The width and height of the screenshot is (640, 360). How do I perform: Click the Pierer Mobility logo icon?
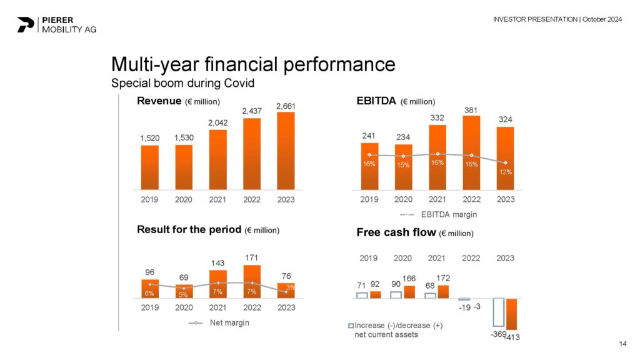point(26,24)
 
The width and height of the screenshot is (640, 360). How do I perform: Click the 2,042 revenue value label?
point(217,123)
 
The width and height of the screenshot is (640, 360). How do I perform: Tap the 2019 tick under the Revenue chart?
point(149,200)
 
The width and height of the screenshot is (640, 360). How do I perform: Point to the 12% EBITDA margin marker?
point(506,162)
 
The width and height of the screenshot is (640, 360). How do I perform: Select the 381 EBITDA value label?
point(472,109)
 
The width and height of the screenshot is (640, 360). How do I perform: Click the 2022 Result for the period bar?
point(252,281)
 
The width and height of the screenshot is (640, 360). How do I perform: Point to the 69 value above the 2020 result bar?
point(184,277)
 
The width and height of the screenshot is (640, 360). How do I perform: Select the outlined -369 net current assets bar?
point(498,312)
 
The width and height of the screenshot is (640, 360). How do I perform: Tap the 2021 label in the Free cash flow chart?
point(437,257)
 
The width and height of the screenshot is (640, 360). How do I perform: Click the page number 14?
point(622,343)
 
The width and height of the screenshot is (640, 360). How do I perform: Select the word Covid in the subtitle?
point(238,83)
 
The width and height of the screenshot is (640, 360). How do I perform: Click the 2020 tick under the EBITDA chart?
point(403,200)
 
